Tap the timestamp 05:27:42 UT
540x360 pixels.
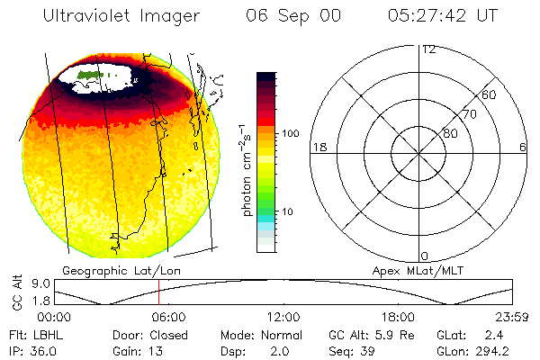(442, 16)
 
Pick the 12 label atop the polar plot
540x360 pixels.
(428, 49)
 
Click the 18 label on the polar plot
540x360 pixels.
(318, 147)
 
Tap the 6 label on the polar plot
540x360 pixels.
(523, 147)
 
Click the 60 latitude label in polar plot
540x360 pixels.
(489, 94)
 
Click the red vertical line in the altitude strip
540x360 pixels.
(158, 291)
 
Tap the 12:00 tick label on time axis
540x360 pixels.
(283, 317)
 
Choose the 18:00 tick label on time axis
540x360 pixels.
(397, 317)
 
